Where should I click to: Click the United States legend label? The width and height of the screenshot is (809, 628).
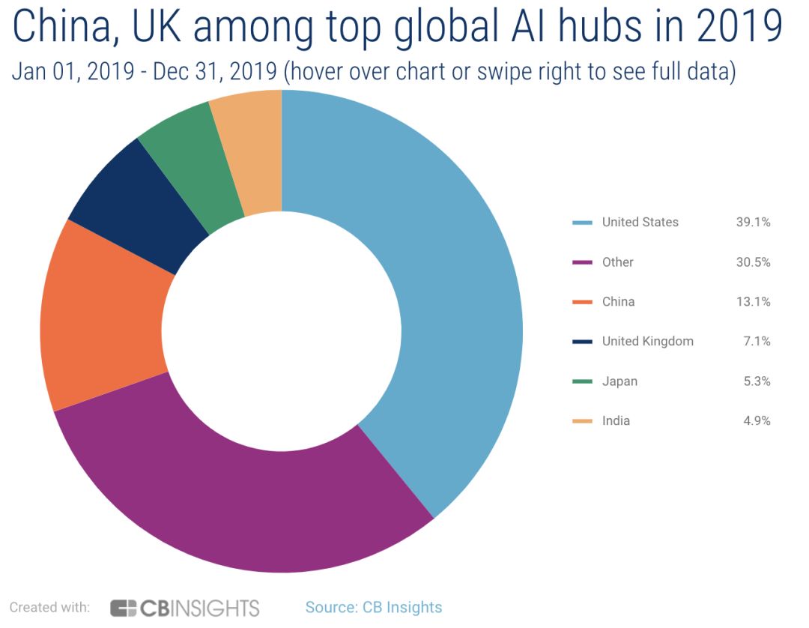pos(640,222)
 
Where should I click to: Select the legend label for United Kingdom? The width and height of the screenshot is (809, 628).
pos(647,341)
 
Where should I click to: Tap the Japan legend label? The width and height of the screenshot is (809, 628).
pos(619,381)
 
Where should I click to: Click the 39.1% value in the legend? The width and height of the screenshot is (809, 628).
pos(753,222)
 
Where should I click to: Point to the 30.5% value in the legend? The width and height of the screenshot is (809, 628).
pos(753,262)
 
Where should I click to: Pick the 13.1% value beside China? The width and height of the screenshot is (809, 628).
pos(753,301)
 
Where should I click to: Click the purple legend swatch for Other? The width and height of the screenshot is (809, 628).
pos(581,262)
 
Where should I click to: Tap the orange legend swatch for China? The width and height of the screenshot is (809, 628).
pos(581,302)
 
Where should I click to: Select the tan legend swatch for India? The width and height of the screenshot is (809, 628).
pos(581,421)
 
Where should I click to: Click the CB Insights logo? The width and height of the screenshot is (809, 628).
pos(184,607)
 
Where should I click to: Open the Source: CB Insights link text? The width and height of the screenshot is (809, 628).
pos(373,607)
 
